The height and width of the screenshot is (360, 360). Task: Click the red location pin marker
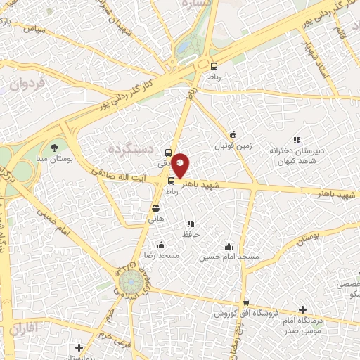point(181,164)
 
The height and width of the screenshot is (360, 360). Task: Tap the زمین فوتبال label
point(233,146)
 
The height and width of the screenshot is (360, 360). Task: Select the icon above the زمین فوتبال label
point(233,134)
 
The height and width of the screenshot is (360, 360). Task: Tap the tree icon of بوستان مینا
point(55,147)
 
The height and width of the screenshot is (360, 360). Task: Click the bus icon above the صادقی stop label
point(168,152)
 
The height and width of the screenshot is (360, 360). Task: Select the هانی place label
point(155,219)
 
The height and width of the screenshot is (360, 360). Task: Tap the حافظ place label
point(191,233)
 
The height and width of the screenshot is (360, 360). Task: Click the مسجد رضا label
point(162,256)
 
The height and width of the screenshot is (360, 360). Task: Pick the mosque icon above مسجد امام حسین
point(229,246)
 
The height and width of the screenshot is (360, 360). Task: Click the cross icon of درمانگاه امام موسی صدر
point(302,309)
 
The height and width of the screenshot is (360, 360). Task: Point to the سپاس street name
point(33,30)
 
